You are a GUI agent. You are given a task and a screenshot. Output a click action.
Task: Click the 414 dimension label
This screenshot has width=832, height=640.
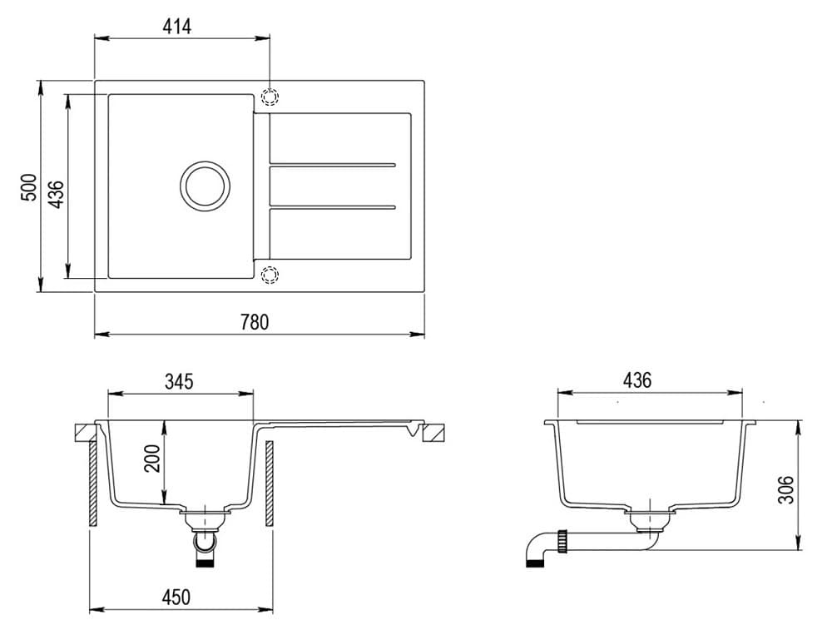click(x=177, y=27)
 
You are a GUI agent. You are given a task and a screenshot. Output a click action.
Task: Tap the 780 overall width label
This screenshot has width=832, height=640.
click(x=255, y=322)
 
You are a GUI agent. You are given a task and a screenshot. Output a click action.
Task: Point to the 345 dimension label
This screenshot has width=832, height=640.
click(x=179, y=382)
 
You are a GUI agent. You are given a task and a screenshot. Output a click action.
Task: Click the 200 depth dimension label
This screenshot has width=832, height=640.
click(x=152, y=458)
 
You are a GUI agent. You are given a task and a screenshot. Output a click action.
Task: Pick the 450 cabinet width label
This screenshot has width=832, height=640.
click(x=176, y=598)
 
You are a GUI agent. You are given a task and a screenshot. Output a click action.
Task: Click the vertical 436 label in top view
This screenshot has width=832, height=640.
click(x=57, y=193)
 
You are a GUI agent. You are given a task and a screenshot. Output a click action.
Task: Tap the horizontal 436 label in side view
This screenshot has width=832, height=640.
click(x=637, y=381)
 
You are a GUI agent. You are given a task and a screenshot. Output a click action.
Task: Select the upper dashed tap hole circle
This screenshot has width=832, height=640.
click(x=270, y=97)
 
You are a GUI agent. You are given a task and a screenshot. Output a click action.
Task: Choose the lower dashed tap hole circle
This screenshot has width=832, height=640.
click(x=270, y=275)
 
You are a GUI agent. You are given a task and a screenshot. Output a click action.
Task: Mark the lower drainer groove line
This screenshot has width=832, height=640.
click(x=331, y=206)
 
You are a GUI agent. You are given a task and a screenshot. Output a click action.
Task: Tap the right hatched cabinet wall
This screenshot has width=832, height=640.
click(x=270, y=483)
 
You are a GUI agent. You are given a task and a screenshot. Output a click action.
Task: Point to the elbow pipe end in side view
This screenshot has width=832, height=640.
click(x=534, y=562)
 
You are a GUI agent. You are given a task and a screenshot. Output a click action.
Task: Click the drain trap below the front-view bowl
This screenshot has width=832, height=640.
click(x=205, y=541)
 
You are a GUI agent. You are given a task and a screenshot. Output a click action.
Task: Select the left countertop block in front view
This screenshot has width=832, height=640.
click(x=85, y=433)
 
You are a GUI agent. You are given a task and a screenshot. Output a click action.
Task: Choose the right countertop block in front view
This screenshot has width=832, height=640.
click(x=433, y=433)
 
